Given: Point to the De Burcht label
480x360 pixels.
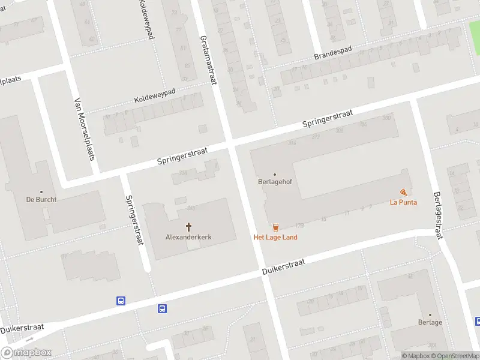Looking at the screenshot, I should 41,199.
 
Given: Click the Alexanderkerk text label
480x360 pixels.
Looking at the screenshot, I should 188,237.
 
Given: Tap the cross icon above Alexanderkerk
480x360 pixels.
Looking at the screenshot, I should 188,227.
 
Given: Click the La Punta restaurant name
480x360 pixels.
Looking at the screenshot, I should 403,202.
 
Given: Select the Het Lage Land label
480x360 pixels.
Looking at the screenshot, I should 275,237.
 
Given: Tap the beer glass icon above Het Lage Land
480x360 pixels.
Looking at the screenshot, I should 275,227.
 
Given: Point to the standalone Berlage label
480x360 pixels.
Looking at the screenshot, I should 430,322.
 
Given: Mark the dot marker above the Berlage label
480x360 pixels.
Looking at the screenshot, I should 430,314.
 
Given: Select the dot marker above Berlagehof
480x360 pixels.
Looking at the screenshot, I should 275,175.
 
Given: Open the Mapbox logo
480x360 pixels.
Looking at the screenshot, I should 26,353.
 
